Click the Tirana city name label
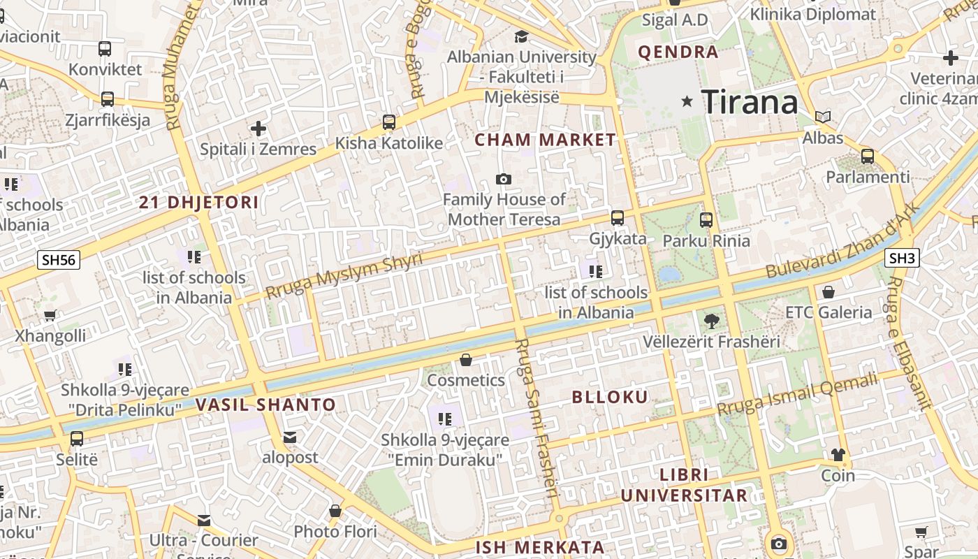click(x=750, y=102)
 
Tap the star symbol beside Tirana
click(x=687, y=101)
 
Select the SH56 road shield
click(x=59, y=260)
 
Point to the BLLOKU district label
click(x=610, y=397)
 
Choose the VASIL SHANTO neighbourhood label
click(x=265, y=405)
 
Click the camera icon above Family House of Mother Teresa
click(x=503, y=180)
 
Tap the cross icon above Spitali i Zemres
click(x=258, y=129)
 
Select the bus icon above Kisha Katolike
click(x=389, y=122)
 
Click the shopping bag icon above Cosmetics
click(x=466, y=360)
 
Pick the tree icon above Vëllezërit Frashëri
click(x=711, y=321)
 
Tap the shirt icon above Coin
click(x=838, y=455)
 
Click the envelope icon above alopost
click(x=290, y=437)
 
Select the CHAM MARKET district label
click(x=545, y=140)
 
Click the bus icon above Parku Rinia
click(x=706, y=220)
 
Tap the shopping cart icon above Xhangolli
click(x=50, y=316)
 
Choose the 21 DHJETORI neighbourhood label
click(x=198, y=203)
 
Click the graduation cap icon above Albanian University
click(x=521, y=36)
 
